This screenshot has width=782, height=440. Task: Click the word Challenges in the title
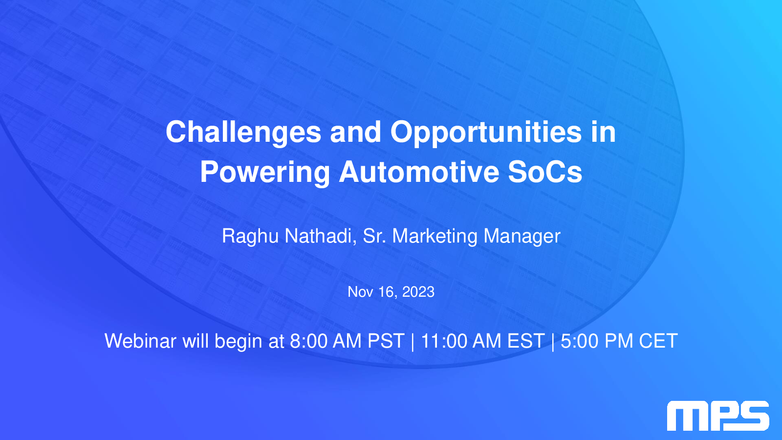243,132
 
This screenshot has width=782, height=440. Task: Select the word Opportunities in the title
486,132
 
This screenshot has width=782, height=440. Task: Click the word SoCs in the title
545,172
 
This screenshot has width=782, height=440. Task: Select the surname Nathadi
320,236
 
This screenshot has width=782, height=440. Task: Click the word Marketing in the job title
434,237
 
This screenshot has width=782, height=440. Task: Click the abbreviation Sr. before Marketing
374,236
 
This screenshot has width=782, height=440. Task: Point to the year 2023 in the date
418,292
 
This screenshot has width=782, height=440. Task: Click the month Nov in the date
360,292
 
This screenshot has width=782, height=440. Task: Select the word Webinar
140,341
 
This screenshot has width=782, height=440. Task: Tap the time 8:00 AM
326,341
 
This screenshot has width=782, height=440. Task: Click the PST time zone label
386,341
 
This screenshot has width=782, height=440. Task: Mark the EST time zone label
525,341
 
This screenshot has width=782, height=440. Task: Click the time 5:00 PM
597,341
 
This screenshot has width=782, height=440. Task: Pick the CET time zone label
658,341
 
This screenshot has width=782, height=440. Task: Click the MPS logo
718,416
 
